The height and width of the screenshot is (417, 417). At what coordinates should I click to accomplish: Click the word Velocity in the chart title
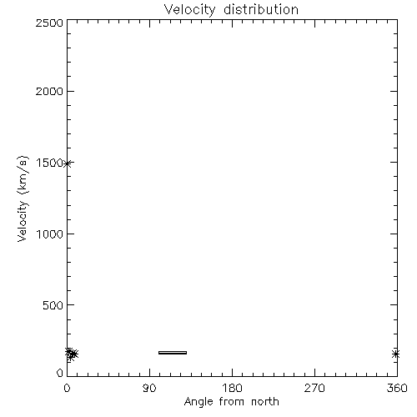[189, 10]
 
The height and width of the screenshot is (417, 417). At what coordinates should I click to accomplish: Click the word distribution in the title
[261, 9]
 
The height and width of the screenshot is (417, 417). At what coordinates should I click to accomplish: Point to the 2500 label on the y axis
[49, 23]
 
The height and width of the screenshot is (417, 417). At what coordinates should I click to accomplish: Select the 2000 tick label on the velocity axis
[49, 91]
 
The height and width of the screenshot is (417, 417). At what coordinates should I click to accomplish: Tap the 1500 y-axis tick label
[50, 163]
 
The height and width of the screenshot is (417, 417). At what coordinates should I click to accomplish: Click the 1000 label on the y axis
[50, 234]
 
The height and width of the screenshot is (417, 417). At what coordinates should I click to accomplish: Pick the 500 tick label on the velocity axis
[53, 305]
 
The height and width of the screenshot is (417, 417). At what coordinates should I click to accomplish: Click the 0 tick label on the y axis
[60, 373]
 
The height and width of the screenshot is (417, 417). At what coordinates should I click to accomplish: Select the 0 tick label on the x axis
[67, 388]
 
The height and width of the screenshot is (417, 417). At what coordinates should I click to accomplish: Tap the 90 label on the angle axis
[149, 388]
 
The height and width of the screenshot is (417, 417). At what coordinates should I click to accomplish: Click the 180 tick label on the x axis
[232, 388]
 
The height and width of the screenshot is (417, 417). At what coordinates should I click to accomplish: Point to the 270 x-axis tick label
[314, 388]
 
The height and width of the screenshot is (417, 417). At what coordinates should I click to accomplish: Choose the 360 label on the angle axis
[397, 388]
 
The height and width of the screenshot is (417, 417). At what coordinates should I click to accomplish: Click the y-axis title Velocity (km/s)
[23, 198]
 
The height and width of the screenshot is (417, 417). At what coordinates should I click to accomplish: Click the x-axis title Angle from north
[231, 402]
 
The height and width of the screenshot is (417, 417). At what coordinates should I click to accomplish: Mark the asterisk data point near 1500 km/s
[67, 163]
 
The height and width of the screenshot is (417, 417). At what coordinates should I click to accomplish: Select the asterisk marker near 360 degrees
[395, 354]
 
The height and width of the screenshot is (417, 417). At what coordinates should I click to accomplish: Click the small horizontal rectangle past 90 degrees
[173, 353]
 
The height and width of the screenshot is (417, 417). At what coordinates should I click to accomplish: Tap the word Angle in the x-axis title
[198, 402]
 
